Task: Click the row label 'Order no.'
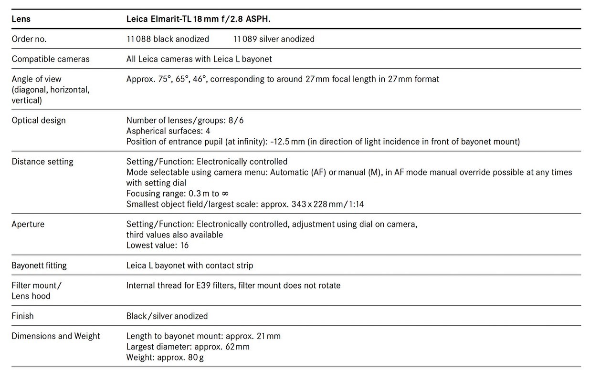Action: coord(29,39)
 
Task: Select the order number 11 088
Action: coord(138,39)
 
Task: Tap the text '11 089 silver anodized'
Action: coord(274,39)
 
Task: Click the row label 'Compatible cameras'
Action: coord(51,59)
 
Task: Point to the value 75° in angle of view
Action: coord(163,79)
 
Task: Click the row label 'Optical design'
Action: coord(39,120)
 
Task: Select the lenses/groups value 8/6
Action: coord(236,120)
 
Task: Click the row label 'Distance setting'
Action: coord(42,162)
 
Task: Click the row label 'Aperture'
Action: coord(28,224)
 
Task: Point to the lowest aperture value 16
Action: coord(184,245)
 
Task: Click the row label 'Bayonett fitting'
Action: coord(39,265)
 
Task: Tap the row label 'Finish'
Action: coord(23,316)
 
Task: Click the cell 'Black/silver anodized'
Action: coord(167,316)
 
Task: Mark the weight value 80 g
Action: coord(195,357)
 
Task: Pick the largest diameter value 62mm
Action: coord(237,347)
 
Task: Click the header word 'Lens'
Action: coord(21,19)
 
